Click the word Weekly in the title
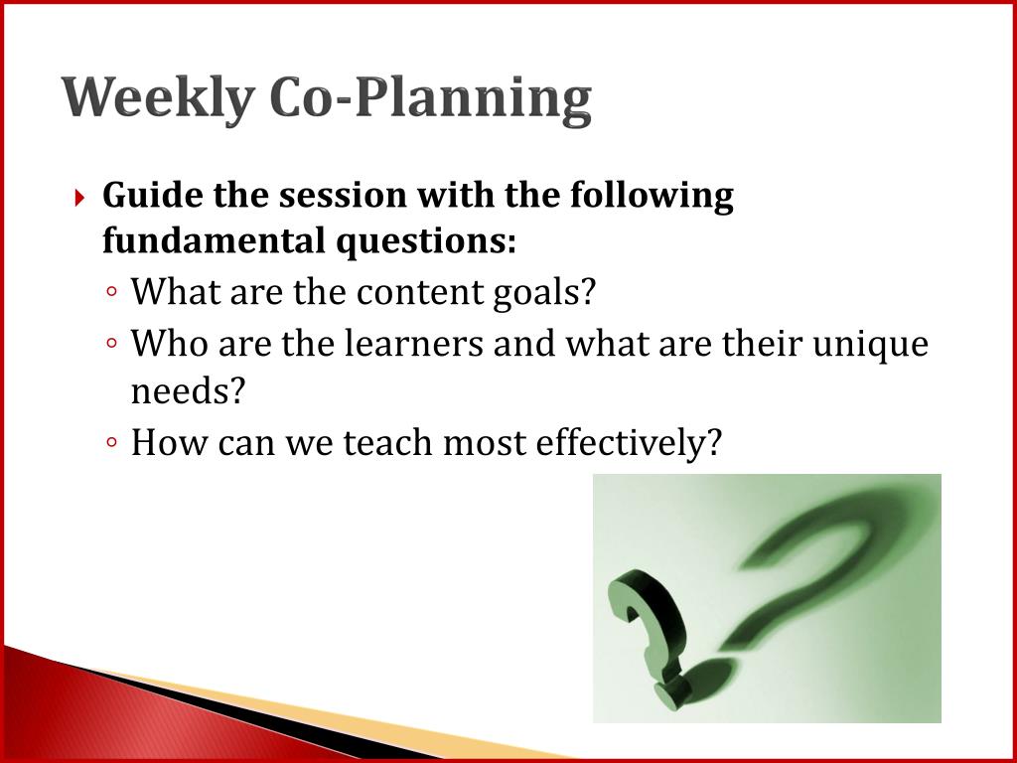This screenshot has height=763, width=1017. [158, 99]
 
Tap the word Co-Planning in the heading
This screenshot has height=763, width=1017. [430, 99]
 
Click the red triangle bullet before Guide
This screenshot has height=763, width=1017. [79, 198]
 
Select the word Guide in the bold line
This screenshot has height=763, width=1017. [153, 195]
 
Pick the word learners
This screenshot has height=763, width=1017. [414, 343]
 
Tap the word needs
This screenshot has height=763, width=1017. [188, 391]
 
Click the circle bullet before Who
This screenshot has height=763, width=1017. [112, 343]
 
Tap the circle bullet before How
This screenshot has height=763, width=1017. [112, 442]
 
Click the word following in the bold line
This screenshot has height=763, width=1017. [652, 196]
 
